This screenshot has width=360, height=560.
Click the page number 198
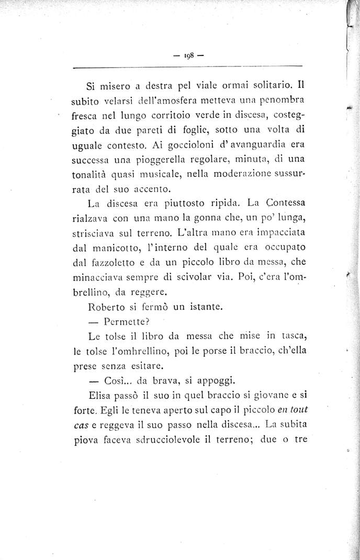click(x=188, y=54)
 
